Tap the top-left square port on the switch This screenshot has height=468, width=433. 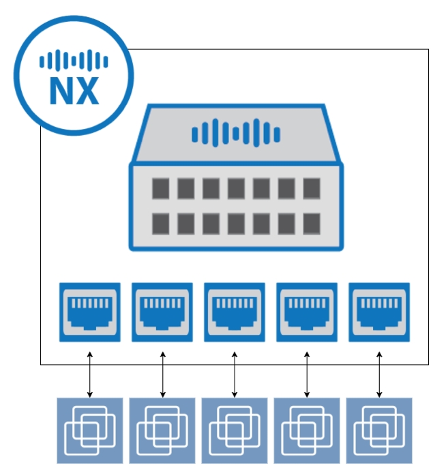click(160, 188)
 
